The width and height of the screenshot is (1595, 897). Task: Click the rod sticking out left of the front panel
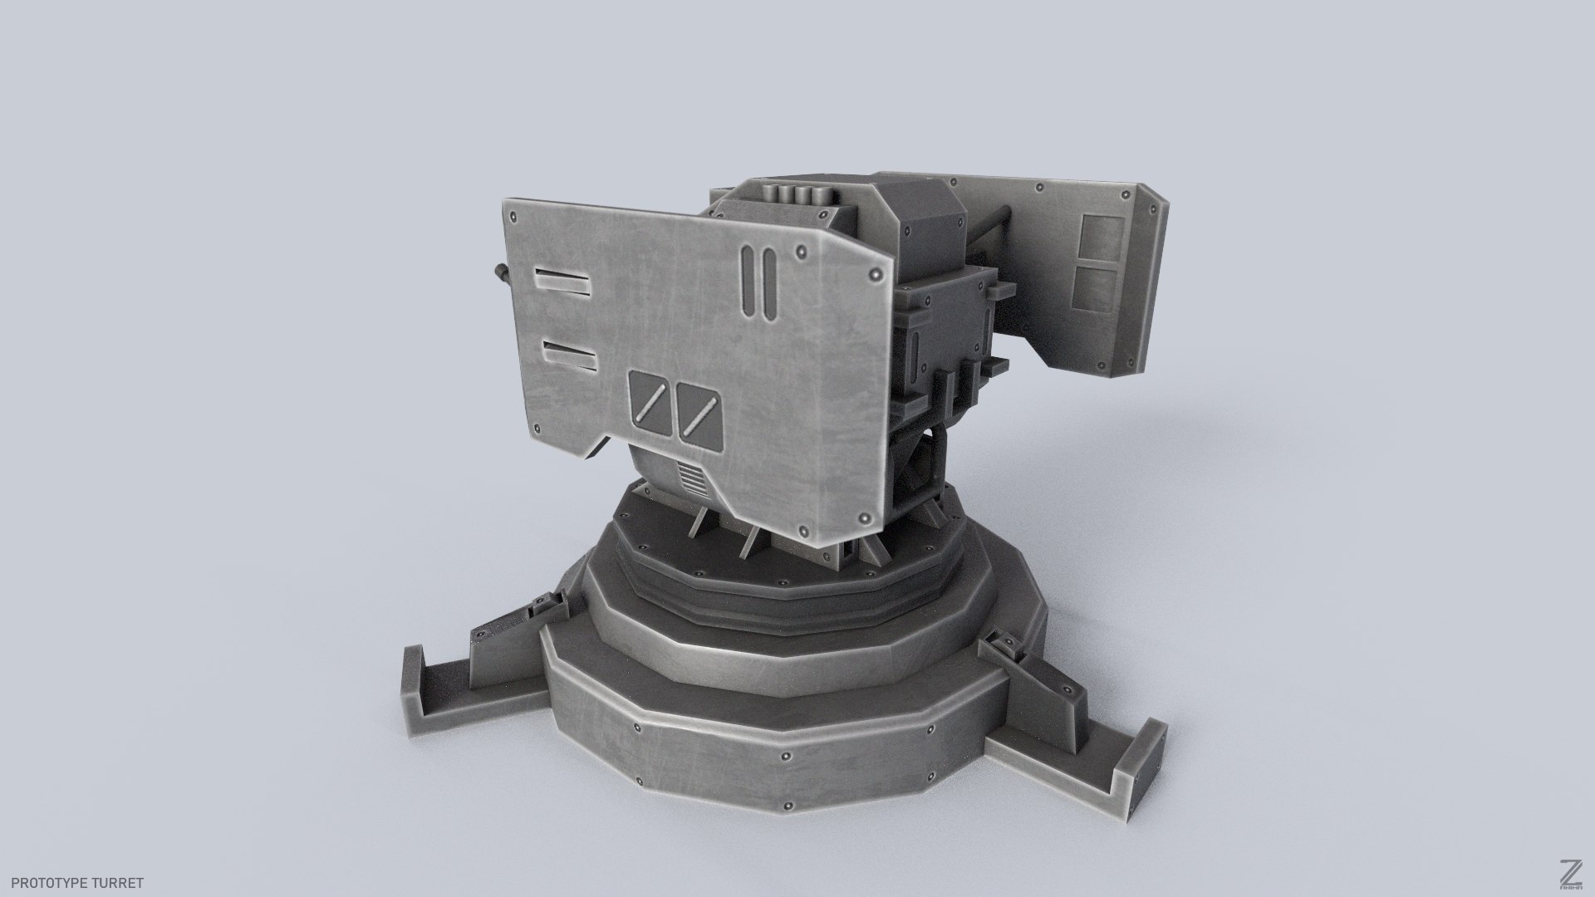[501, 271]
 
